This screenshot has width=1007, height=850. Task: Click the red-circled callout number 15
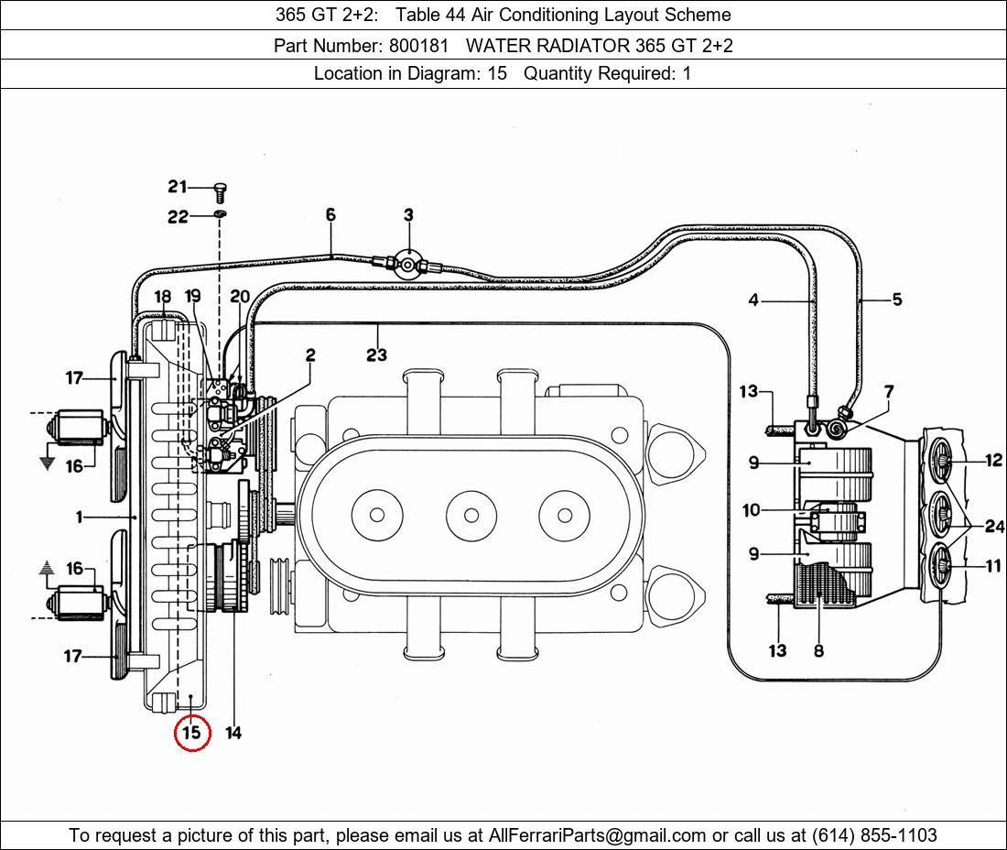[192, 733]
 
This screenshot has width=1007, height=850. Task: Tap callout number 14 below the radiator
[233, 733]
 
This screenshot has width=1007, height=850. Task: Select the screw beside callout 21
[220, 191]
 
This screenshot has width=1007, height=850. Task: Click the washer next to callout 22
[220, 215]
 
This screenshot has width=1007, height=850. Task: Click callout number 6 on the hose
[330, 215]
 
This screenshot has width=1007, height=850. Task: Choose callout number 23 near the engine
[376, 354]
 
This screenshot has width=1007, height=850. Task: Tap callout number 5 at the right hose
[896, 300]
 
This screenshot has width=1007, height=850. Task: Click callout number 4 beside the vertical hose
[753, 300]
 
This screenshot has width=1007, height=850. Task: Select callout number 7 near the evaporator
[888, 392]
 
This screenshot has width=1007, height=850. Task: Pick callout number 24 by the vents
[994, 526]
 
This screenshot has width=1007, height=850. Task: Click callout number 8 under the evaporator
[818, 650]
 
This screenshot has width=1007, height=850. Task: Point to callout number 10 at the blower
[752, 509]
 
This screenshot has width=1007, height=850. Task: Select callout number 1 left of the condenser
[80, 518]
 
